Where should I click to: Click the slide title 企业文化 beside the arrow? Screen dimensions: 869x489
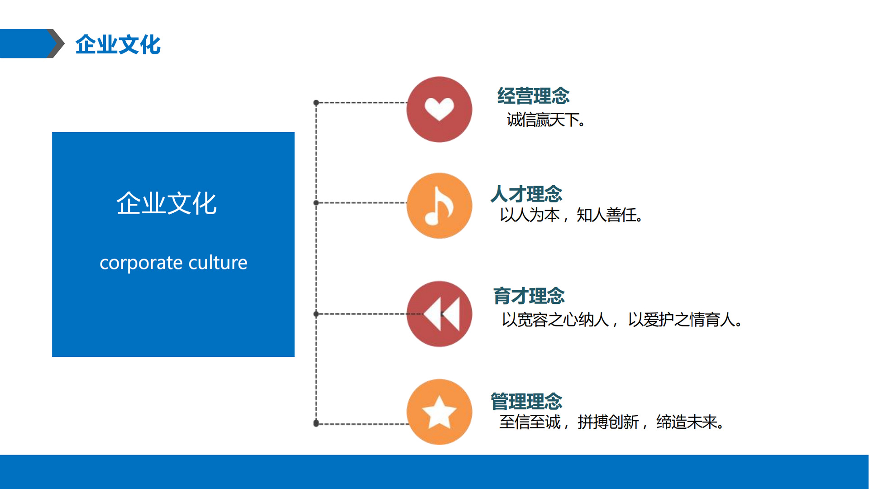(x=118, y=44)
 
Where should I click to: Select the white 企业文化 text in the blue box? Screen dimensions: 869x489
(x=167, y=203)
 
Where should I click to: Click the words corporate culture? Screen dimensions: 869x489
(x=173, y=263)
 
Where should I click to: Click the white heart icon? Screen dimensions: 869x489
(x=439, y=109)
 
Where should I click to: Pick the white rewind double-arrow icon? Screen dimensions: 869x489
(x=442, y=314)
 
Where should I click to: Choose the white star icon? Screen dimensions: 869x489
(x=439, y=412)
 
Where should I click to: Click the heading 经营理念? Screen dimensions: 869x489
(x=533, y=96)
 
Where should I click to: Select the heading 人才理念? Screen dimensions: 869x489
(x=526, y=194)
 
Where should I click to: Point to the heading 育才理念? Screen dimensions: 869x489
(x=529, y=296)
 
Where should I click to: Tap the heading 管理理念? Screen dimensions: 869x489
(x=526, y=402)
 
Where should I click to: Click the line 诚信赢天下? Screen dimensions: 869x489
(x=545, y=120)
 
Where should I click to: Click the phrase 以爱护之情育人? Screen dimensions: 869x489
(x=684, y=320)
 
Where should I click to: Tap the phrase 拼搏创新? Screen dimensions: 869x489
(x=608, y=422)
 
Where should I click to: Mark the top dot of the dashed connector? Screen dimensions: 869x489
(x=316, y=103)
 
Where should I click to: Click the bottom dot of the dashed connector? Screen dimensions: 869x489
(x=316, y=423)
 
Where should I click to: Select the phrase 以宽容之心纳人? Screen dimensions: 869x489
(x=555, y=320)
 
